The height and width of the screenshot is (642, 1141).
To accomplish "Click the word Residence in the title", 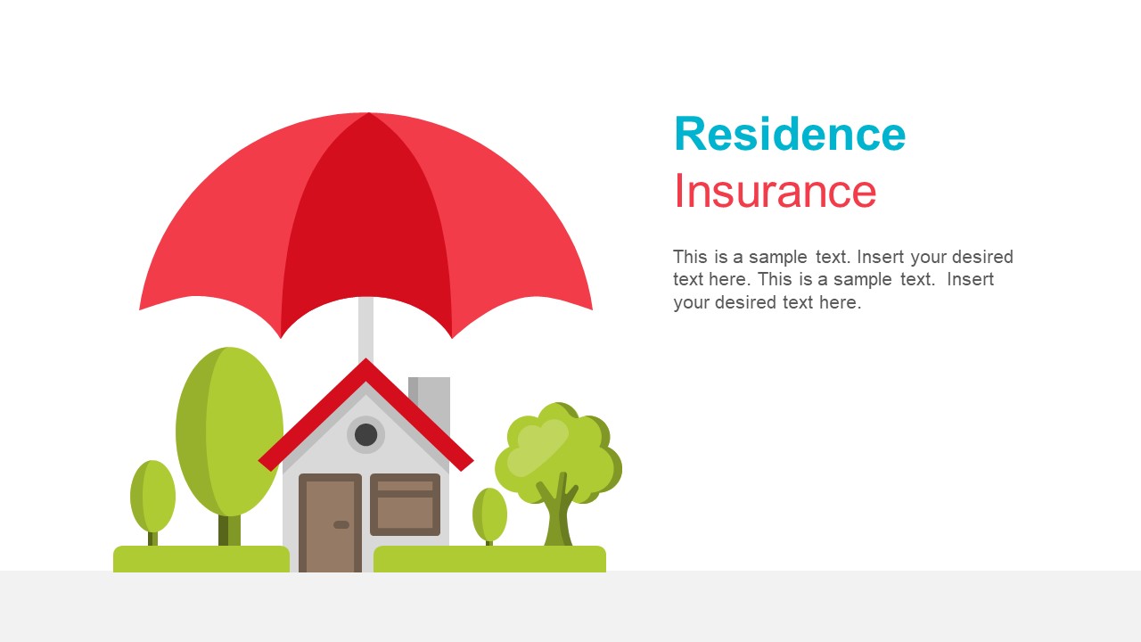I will (790, 135).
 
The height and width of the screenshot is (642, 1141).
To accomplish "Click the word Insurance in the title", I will (775, 192).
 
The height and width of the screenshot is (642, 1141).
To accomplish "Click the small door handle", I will (341, 524).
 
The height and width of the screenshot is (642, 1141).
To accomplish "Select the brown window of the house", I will (405, 505).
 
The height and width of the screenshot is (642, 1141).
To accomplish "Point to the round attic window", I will (365, 434).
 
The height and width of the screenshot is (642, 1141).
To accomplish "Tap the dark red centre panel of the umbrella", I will (367, 223).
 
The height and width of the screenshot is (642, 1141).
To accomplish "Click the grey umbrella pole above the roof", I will (365, 325).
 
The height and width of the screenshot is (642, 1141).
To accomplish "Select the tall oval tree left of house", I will (230, 428).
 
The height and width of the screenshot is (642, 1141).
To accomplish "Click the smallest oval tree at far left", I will (152, 495).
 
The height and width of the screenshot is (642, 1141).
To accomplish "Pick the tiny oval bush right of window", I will (489, 514).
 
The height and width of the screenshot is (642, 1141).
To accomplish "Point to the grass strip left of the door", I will (201, 559).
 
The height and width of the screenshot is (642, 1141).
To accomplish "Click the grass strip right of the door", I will (489, 559).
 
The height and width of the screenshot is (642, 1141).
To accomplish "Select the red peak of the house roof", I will (365, 367).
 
